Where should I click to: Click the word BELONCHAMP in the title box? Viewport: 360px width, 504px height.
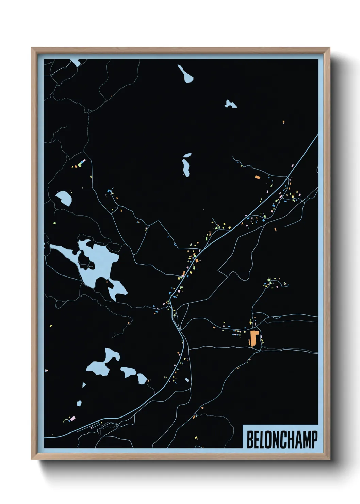coord(282,440)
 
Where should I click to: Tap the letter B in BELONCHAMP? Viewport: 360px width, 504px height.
coord(249,440)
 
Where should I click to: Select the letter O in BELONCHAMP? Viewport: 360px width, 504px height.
coord(269,440)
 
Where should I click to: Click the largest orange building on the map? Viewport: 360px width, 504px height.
coord(254,338)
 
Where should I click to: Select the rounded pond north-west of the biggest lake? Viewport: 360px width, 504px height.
coord(64,198)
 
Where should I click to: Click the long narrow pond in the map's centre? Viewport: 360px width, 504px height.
coord(186,166)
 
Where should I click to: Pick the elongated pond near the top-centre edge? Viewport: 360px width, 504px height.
coord(186,74)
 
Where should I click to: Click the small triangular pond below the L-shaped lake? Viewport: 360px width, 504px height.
coord(84,385)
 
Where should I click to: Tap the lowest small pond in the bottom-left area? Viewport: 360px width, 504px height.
coord(79,404)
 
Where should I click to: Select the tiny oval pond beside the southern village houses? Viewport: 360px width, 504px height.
coord(187,380)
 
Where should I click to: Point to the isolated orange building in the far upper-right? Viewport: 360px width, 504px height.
coord(283,122)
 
